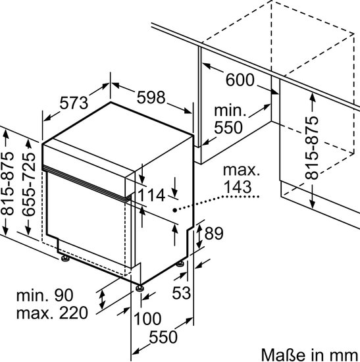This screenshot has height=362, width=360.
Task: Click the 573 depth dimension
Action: [x=74, y=103]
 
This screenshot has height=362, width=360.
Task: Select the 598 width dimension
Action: [x=151, y=97]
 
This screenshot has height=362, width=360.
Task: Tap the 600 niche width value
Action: [x=240, y=80]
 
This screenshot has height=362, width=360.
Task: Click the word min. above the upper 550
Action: [x=230, y=111]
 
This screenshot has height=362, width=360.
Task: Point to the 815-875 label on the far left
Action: [x=7, y=184]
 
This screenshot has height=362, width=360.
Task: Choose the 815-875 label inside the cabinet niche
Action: [x=311, y=148]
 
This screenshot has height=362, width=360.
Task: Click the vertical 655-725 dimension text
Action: [x=29, y=184]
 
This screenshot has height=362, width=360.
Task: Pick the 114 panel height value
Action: [x=151, y=195]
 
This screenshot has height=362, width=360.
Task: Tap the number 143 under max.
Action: [x=238, y=187]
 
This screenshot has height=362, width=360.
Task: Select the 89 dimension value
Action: [x=214, y=233]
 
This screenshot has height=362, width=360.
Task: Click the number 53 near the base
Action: [x=182, y=293]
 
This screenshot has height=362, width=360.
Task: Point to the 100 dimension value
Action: [x=147, y=319]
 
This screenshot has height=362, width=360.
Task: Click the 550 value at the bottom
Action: [x=163, y=337]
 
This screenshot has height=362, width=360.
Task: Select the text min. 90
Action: [x=45, y=295]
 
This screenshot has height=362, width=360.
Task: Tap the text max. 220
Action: [x=52, y=313]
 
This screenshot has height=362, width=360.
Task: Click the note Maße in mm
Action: [x=311, y=355]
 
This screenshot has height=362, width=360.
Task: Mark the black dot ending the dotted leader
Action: [x=175, y=210]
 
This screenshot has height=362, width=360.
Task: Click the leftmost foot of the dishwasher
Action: [x=65, y=259]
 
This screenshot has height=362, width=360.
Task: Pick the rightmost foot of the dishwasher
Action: [x=180, y=265]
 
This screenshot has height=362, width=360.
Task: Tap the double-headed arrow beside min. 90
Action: [x=102, y=300]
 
